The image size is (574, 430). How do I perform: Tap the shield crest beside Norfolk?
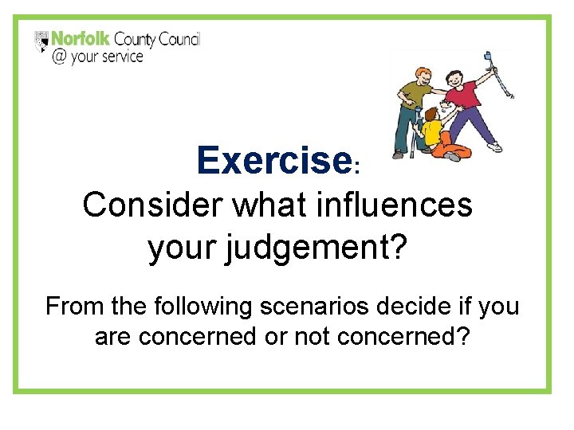pyautogui.click(x=42, y=41)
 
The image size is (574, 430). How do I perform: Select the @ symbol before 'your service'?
pyautogui.click(x=60, y=58)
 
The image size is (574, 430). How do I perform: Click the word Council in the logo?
pyautogui.click(x=179, y=39)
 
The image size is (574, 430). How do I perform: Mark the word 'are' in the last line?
pyautogui.click(x=113, y=337)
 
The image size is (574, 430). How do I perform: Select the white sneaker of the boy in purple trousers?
pyautogui.click(x=495, y=147)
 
